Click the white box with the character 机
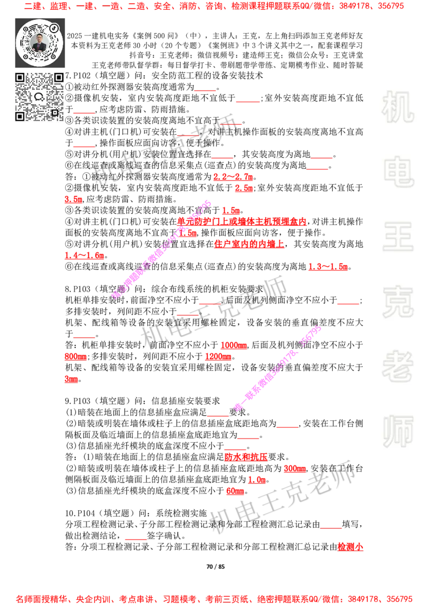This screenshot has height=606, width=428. (x=398, y=107)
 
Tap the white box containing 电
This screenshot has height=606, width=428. (x=400, y=171)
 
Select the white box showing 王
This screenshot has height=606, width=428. (x=398, y=238)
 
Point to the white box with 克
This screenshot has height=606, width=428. (x=398, y=302)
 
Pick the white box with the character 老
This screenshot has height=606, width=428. (x=398, y=366)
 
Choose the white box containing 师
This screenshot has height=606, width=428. (x=398, y=433)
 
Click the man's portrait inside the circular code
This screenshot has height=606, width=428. (x=40, y=43)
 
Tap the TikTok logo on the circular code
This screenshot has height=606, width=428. (x=54, y=27)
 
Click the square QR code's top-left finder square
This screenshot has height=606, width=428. (x=20, y=78)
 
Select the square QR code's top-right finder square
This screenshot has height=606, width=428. (x=58, y=78)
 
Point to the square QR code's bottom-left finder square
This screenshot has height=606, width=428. (x=20, y=116)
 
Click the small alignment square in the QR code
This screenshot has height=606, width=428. (x=55, y=112)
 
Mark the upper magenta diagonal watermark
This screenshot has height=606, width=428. (x=162, y=248)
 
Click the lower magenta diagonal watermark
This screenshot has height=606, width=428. (x=277, y=368)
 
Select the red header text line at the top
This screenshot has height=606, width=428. (x=214, y=7)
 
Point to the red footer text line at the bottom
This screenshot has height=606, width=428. (x=214, y=599)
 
